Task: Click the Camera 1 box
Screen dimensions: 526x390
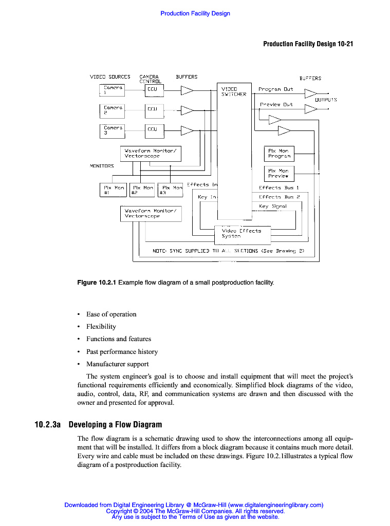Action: [112, 90]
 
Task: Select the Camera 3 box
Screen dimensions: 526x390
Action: [112, 130]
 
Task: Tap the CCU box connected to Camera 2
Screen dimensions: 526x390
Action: [154, 110]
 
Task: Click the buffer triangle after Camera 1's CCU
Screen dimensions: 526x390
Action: [187, 90]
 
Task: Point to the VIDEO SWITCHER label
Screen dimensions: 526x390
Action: [234, 91]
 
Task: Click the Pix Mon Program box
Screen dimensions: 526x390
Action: [278, 154]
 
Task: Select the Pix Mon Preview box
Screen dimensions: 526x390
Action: [278, 174]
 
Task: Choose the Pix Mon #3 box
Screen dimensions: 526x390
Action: [171, 191]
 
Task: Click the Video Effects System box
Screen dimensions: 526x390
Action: [242, 234]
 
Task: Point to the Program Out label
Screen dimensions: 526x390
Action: [276, 89]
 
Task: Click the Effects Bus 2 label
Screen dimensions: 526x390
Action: [279, 197]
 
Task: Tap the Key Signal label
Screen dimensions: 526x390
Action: [273, 206]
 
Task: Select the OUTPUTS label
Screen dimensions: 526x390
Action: [326, 100]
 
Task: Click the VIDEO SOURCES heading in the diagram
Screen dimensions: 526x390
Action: [110, 77]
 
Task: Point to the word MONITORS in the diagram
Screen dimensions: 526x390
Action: [102, 166]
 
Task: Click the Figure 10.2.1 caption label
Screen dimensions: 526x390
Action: [97, 283]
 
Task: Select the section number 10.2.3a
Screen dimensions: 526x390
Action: [48, 425]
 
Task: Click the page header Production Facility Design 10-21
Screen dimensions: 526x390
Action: [308, 44]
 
